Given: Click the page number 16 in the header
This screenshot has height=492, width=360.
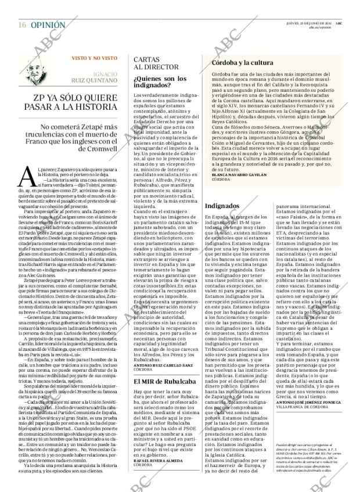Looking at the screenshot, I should click(x=21, y=9).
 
